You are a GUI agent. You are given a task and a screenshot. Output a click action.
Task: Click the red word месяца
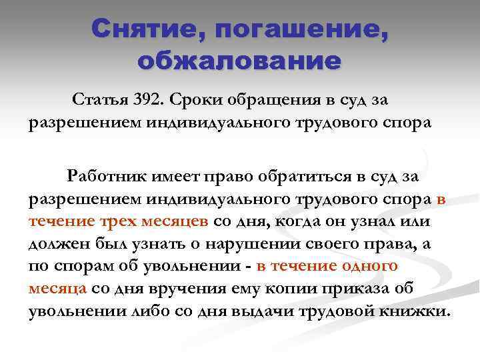(x=57, y=289)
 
